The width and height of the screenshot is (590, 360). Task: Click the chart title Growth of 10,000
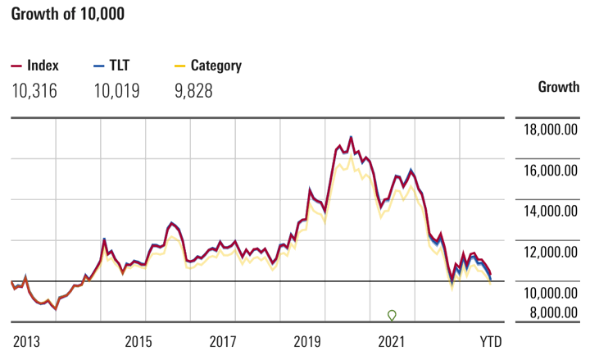(x=68, y=16)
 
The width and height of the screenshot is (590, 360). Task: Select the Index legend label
(x=43, y=66)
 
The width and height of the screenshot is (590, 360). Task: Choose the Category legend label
(x=216, y=66)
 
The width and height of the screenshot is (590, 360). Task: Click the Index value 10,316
(x=34, y=90)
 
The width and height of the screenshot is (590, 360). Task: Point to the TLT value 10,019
(x=116, y=90)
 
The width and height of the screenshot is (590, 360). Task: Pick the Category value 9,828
(x=193, y=90)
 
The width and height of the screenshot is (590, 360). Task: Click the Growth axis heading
(x=558, y=87)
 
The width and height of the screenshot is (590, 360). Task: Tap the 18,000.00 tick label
(x=551, y=130)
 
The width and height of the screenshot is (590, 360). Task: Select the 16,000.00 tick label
(x=551, y=171)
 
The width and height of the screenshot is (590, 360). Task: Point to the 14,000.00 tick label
(x=551, y=212)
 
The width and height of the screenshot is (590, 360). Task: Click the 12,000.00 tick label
(x=551, y=253)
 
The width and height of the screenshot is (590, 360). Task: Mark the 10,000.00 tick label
(x=551, y=293)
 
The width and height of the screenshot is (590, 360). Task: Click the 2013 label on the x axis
(x=27, y=340)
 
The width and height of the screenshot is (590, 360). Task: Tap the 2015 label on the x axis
(x=139, y=340)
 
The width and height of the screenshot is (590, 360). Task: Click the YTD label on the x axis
(x=490, y=340)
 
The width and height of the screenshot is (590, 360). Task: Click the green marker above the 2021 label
(x=392, y=315)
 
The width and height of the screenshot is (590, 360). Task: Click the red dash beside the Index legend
(x=16, y=66)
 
